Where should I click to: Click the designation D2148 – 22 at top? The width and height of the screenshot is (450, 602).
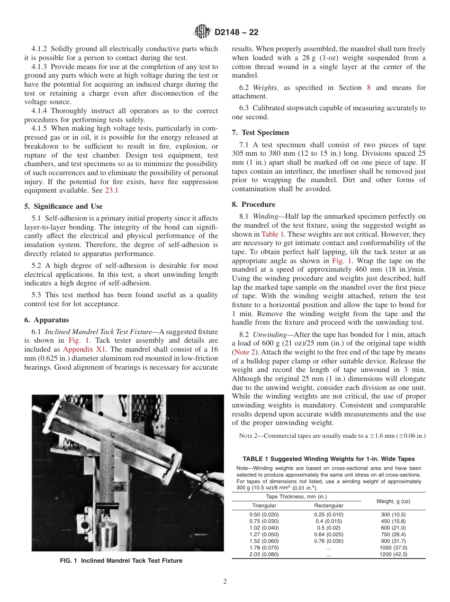point(236,33)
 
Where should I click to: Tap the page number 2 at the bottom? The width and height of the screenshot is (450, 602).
point(225,582)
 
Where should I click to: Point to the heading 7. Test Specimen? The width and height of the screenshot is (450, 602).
point(260,133)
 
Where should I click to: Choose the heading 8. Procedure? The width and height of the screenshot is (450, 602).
point(253,204)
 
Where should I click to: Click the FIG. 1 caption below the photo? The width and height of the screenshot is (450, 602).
point(121,561)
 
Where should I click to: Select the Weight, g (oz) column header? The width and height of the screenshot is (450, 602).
point(393,501)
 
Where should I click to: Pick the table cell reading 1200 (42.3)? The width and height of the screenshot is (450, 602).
point(393,554)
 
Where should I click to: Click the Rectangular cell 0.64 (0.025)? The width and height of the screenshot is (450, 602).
point(329,534)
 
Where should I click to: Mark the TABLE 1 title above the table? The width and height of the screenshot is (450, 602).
point(328,459)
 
